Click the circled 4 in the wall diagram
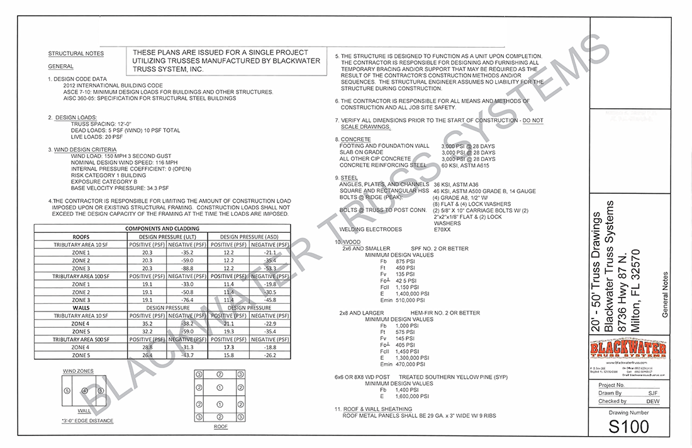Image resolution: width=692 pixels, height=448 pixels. [85, 391]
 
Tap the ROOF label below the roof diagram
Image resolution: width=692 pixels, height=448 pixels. [221, 426]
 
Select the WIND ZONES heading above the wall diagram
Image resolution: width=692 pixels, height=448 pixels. [78, 371]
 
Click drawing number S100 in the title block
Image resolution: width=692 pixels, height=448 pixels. [628, 426]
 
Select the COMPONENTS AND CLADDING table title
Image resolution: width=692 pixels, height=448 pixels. [162, 228]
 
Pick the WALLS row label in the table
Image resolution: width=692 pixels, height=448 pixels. [81, 308]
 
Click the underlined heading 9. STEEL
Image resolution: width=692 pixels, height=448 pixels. [347, 178]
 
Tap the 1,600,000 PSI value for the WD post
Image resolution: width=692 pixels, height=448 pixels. [413, 396]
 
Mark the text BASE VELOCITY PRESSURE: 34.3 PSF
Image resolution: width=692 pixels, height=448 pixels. [120, 188]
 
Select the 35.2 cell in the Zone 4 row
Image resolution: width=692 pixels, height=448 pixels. [147, 323]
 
